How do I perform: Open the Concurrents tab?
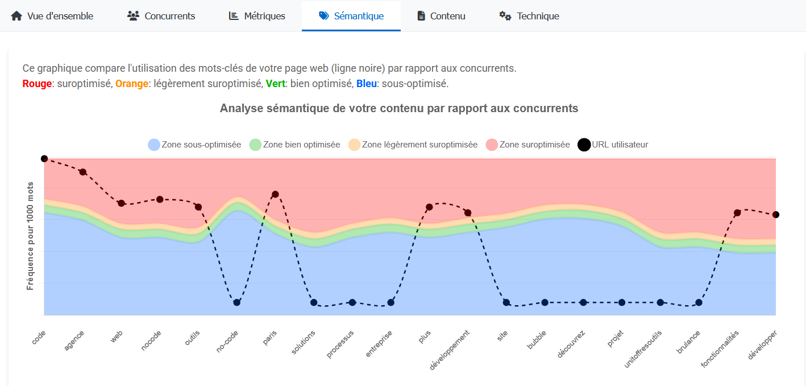coord(161,16)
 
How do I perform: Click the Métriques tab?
coord(257,16)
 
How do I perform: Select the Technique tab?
coord(529,16)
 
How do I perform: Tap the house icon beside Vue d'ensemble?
coord(16,16)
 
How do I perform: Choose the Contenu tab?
coord(441,16)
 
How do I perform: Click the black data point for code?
coord(44,159)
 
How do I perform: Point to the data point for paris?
coord(275,194)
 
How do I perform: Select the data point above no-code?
coord(237,302)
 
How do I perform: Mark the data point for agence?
coord(82,172)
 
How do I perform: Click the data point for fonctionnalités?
coord(737,213)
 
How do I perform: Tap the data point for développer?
coord(776,215)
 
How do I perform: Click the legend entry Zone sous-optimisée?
coord(194,145)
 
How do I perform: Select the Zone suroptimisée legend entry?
coord(528,145)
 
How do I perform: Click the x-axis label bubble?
coord(537,340)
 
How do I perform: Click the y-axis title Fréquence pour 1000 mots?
coord(30,236)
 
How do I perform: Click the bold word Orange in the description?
coord(131,84)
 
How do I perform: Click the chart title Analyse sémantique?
coord(399,108)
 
